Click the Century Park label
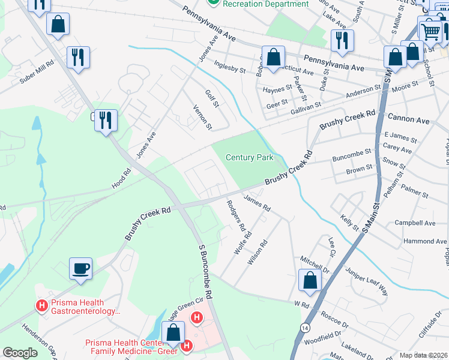tap(249, 158)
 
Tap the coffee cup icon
tap(80, 268)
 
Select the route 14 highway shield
tap(305, 328)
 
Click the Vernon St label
tap(202, 117)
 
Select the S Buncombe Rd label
tap(205, 271)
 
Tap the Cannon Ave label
tap(409, 120)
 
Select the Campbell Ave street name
tap(415, 223)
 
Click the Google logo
tap(20, 353)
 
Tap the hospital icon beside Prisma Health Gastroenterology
tap(42, 305)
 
